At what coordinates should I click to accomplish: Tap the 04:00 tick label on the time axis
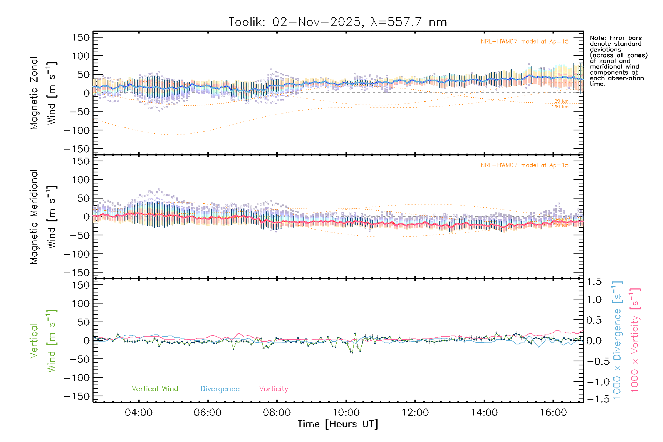point(138,413)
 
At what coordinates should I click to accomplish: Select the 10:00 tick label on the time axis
point(346,413)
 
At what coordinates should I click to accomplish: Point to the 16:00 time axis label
point(553,413)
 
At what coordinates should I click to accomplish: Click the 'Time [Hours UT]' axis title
point(338,424)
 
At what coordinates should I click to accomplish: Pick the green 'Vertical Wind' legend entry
point(155,389)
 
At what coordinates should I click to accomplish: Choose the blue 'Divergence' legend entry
point(220,389)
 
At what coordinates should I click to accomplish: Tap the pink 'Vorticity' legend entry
point(273,389)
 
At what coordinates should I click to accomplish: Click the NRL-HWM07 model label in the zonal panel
point(525,42)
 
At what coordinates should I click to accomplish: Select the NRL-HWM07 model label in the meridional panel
point(525,165)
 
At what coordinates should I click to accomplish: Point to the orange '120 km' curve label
point(560,101)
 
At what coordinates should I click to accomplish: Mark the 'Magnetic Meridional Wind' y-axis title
point(43,217)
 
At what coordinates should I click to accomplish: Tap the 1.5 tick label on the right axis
point(594,282)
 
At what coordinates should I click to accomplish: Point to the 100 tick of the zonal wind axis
point(81,56)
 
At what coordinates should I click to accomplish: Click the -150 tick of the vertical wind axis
point(77,396)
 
